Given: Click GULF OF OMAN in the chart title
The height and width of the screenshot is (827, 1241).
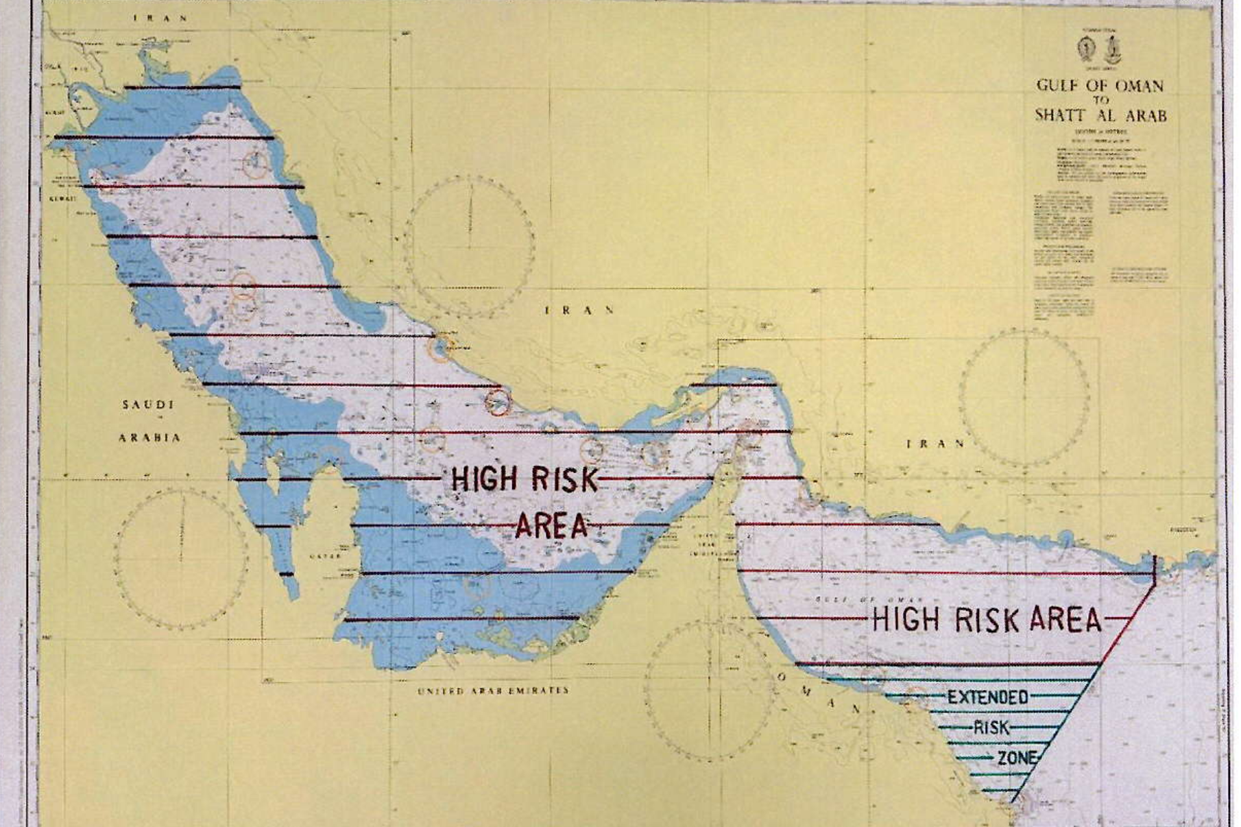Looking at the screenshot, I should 1100,86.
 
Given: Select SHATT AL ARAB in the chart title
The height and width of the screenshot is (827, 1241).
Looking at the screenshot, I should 1100,115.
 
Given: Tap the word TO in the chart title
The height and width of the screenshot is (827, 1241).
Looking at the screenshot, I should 1100,100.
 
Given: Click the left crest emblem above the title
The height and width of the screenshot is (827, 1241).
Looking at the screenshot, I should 1085,48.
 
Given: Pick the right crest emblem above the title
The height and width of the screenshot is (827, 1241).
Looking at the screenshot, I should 1113,48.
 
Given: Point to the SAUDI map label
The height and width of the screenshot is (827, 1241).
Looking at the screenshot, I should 148,405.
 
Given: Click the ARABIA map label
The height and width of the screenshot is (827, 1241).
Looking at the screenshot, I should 149,438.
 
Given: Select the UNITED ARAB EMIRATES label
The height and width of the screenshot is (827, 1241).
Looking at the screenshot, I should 493,691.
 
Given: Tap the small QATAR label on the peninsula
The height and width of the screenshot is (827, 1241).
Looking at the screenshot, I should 325,556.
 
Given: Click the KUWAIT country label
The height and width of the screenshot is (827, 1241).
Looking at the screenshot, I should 61,199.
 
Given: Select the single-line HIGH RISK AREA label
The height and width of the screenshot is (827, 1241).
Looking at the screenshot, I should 986,620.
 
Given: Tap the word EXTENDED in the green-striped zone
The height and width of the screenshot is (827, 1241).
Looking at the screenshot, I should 987,697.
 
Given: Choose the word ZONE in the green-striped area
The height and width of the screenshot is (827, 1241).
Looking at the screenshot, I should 1016,758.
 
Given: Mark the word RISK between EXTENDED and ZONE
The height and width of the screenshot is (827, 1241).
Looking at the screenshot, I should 991,728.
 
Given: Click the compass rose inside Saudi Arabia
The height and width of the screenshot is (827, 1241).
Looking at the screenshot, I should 182,558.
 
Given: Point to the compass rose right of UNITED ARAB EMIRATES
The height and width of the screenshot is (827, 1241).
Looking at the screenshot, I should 709,691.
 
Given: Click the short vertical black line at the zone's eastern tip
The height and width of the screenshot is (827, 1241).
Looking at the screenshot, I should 1155,572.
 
